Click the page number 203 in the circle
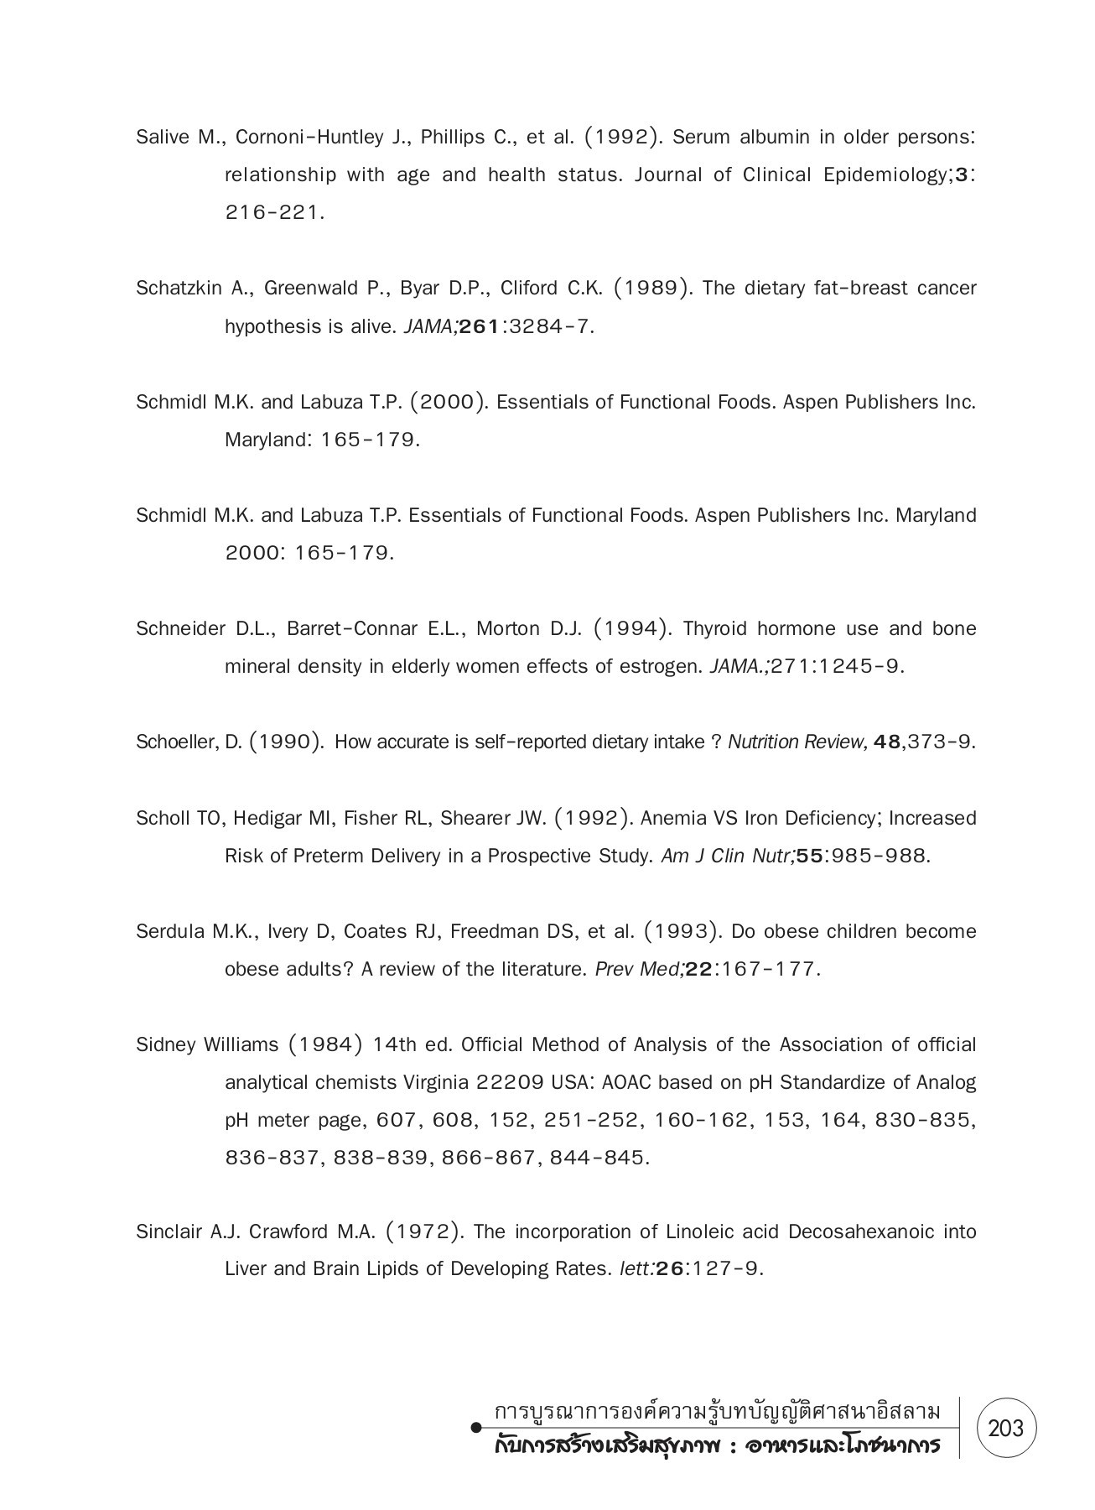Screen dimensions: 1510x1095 pyautogui.click(x=1006, y=1427)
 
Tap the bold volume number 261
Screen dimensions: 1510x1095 pyautogui.click(x=480, y=327)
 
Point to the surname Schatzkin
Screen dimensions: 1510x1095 pyautogui.click(x=179, y=289)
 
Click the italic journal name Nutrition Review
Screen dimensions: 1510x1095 pyautogui.click(x=797, y=742)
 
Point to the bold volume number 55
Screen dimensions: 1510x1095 pyautogui.click(x=808, y=857)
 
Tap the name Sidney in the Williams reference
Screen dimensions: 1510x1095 pyautogui.click(x=165, y=1045)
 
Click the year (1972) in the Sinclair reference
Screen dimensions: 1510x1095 pyautogui.click(x=425, y=1232)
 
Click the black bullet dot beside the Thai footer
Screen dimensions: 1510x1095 pyautogui.click(x=476, y=1427)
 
